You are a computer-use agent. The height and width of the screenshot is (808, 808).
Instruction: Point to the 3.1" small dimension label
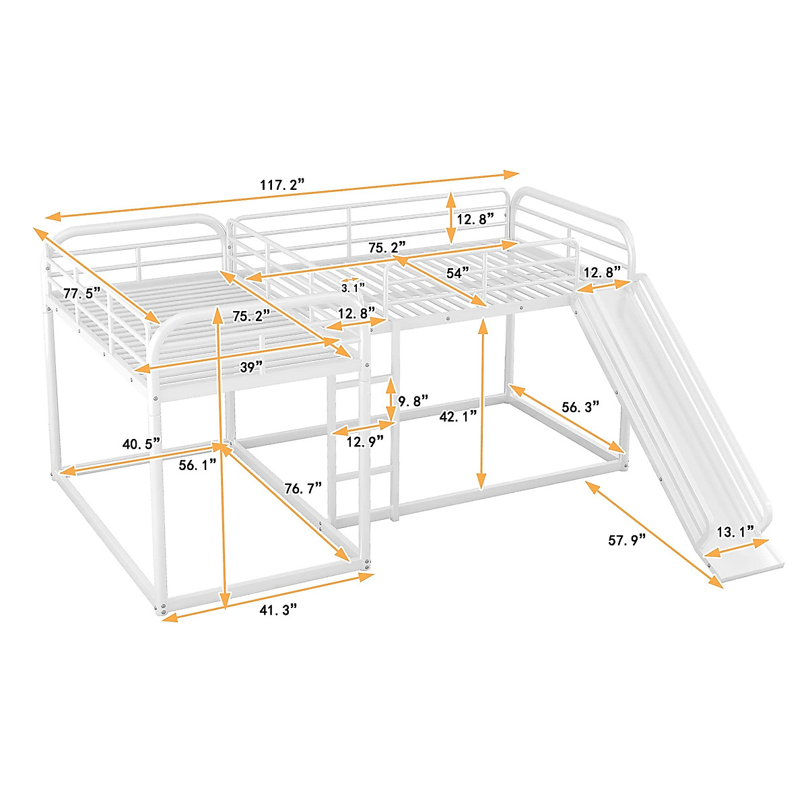coord(352,288)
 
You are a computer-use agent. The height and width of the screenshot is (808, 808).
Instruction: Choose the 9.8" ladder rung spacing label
coord(413,402)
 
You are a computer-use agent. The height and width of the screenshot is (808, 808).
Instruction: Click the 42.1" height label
coord(459,416)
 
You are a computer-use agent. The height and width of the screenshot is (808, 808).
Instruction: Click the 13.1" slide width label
coord(735,532)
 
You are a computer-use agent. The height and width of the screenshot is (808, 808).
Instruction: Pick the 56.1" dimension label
coord(198,464)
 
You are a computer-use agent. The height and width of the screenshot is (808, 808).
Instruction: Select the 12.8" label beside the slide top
coord(601,273)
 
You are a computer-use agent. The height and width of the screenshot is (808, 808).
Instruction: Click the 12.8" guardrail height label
coord(475,220)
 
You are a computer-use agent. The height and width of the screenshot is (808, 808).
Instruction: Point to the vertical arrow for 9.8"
coord(391,401)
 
